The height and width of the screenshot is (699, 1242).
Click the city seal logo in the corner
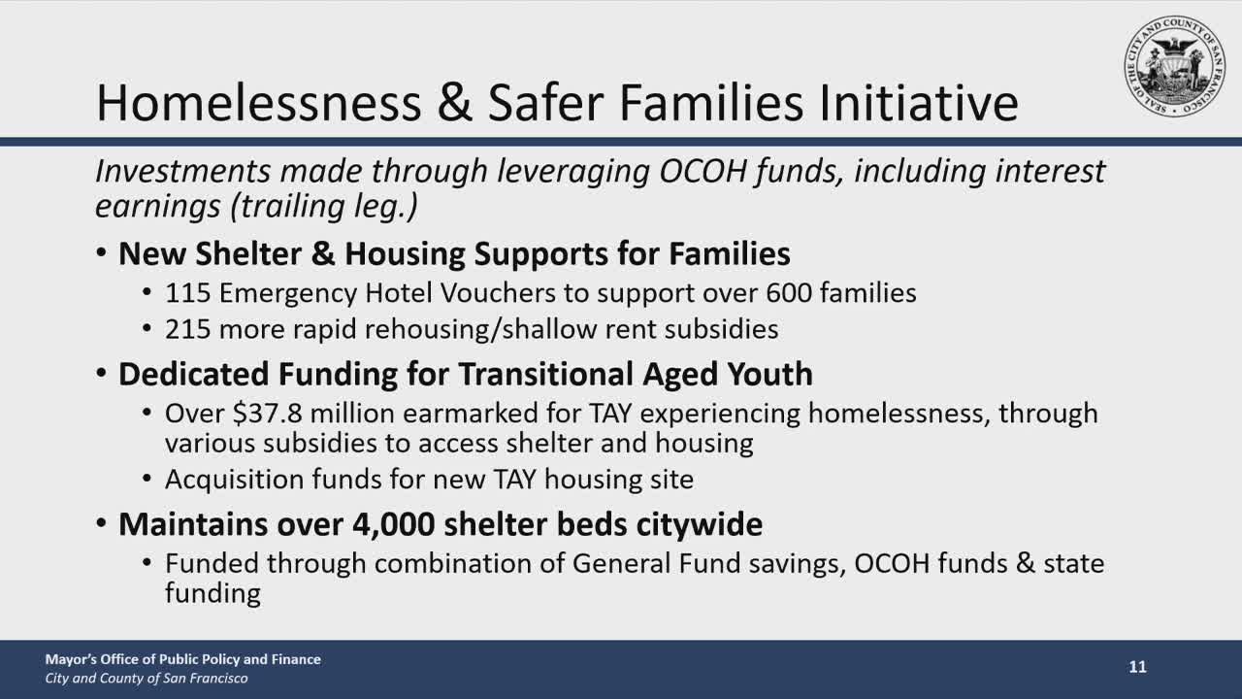[1175, 66]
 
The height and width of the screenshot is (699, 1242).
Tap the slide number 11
[1137, 667]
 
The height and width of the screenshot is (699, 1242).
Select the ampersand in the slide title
[454, 103]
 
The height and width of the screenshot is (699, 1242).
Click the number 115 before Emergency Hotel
[187, 292]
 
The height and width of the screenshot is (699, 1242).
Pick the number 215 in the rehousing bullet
[187, 329]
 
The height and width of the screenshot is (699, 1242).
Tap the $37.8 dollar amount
[268, 414]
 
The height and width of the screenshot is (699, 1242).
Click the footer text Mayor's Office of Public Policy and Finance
[182, 659]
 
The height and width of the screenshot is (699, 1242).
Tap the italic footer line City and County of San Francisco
[147, 679]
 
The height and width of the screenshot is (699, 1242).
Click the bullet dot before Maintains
[102, 524]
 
